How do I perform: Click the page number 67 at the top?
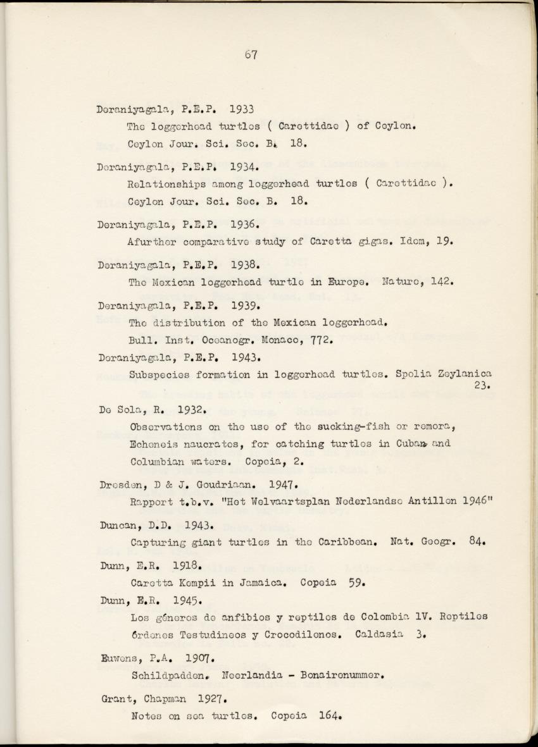tap(250, 54)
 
